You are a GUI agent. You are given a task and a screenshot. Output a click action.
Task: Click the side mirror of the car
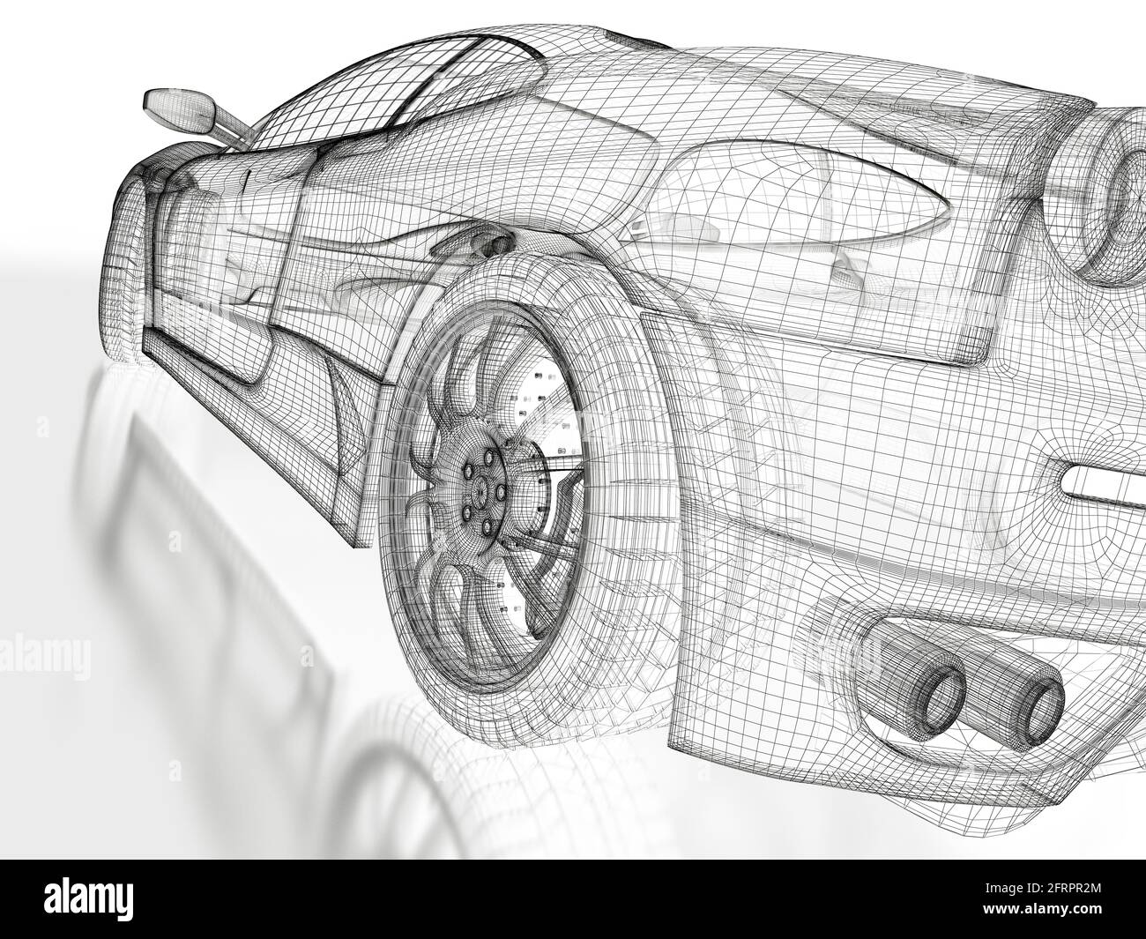tap(176, 108)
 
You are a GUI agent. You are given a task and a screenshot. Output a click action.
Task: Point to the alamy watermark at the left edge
tap(44, 657)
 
